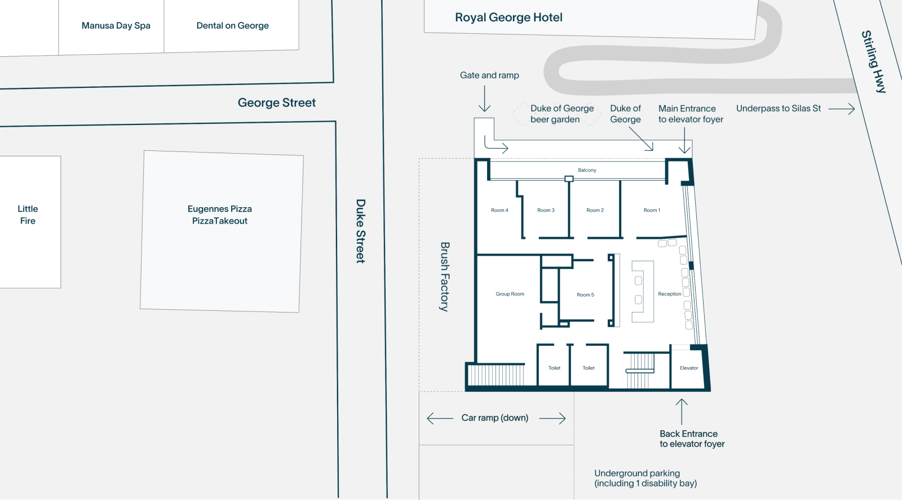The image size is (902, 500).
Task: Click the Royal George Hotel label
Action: pyautogui.click(x=509, y=17)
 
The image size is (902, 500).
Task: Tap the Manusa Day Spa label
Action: pyautogui.click(x=116, y=26)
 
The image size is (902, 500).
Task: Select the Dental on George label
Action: pyautogui.click(x=232, y=26)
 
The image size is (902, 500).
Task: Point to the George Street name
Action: pyautogui.click(x=277, y=102)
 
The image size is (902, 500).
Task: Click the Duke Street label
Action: pyautogui.click(x=360, y=231)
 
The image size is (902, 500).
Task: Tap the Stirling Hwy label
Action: pyautogui.click(x=874, y=61)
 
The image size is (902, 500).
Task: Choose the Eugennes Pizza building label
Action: pyautogui.click(x=220, y=215)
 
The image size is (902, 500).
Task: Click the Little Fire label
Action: pyautogui.click(x=28, y=215)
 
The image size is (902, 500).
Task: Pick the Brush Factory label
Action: pyautogui.click(x=445, y=277)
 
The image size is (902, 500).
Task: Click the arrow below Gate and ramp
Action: pyautogui.click(x=484, y=99)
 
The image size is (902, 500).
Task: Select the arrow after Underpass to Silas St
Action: pyautogui.click(x=841, y=109)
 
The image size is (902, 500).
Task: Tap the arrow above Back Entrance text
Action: pyautogui.click(x=682, y=412)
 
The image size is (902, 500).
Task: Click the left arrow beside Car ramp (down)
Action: pyautogui.click(x=440, y=418)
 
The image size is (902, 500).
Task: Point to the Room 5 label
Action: pyautogui.click(x=585, y=295)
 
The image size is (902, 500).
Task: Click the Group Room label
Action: pyautogui.click(x=510, y=294)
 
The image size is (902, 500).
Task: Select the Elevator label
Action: pyautogui.click(x=689, y=368)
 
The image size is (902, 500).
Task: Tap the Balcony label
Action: pyautogui.click(x=587, y=170)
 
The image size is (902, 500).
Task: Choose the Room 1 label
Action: pyautogui.click(x=652, y=210)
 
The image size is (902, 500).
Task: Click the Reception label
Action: pyautogui.click(x=670, y=294)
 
